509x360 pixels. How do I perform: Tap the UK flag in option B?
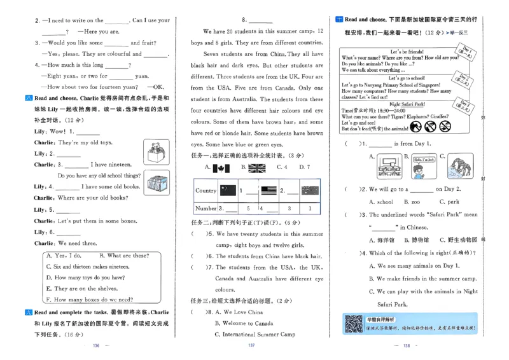pyautogui.click(x=257, y=168)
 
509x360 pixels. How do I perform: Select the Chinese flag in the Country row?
pyautogui.click(x=227, y=190)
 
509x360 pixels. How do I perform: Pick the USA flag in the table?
pyautogui.click(x=268, y=190)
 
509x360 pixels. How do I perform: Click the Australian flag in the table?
pyautogui.click(x=309, y=190)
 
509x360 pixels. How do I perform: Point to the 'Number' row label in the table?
pyautogui.click(x=206, y=208)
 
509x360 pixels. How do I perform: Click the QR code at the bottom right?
pyautogui.click(x=353, y=324)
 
